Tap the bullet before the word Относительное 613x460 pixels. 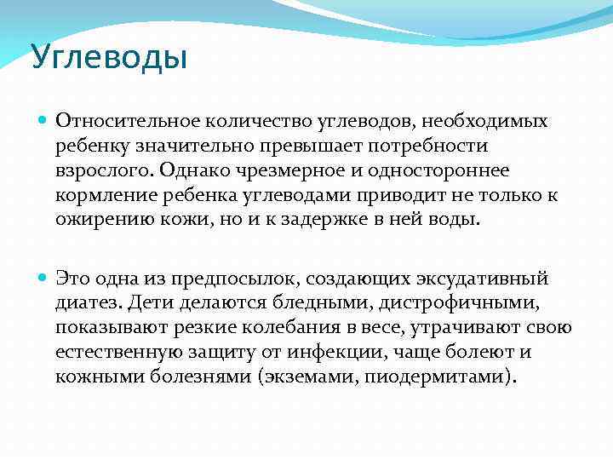tap(43, 123)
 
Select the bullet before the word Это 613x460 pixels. tap(43, 279)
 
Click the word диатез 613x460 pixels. tap(90, 302)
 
